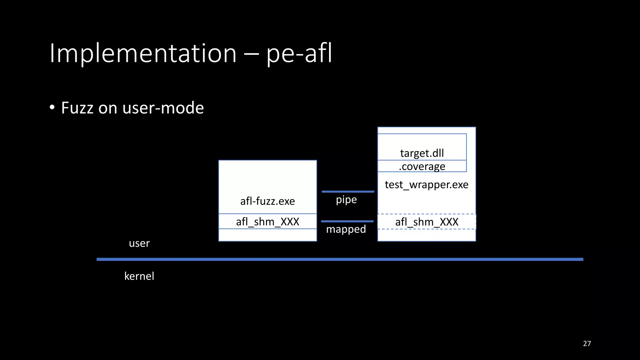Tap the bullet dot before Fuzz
pyautogui.click(x=52, y=108)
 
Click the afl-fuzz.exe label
pyautogui.click(x=267, y=201)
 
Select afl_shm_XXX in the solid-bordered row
pyautogui.click(x=267, y=222)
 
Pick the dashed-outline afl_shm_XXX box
pyautogui.click(x=427, y=222)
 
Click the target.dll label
pyautogui.click(x=422, y=153)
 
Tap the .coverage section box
pyautogui.click(x=422, y=166)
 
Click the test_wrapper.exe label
pyautogui.click(x=427, y=184)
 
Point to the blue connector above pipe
pyautogui.click(x=348, y=192)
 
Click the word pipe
pyautogui.click(x=346, y=200)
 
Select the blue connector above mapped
pyautogui.click(x=347, y=221)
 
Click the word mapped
pyautogui.click(x=346, y=229)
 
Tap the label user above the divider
pyautogui.click(x=139, y=243)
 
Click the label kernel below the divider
pyautogui.click(x=139, y=276)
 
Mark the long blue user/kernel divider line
pyautogui.click(x=340, y=259)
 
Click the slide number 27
pyautogui.click(x=587, y=343)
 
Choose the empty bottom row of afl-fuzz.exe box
pyautogui.click(x=267, y=235)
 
